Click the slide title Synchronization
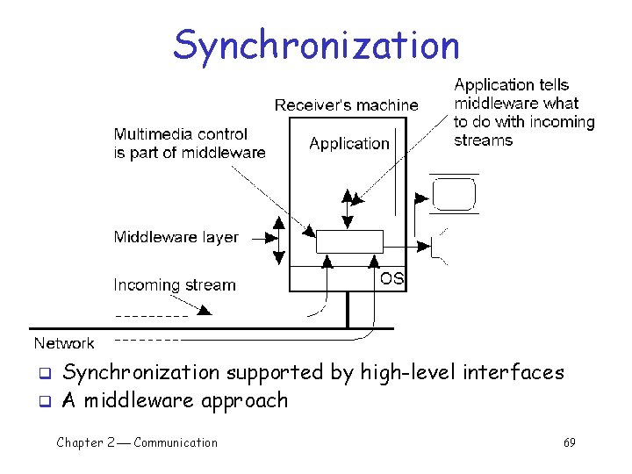(x=316, y=45)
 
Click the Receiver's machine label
(x=346, y=105)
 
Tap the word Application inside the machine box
(x=348, y=143)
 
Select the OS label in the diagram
(x=391, y=278)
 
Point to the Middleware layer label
(x=176, y=237)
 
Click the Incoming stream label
(x=175, y=285)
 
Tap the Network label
(x=64, y=343)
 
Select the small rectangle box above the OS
(x=349, y=241)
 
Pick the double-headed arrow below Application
(x=349, y=208)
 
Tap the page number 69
(x=569, y=442)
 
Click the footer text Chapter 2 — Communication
(x=137, y=442)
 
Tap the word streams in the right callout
(x=483, y=140)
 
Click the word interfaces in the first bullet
(x=513, y=372)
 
